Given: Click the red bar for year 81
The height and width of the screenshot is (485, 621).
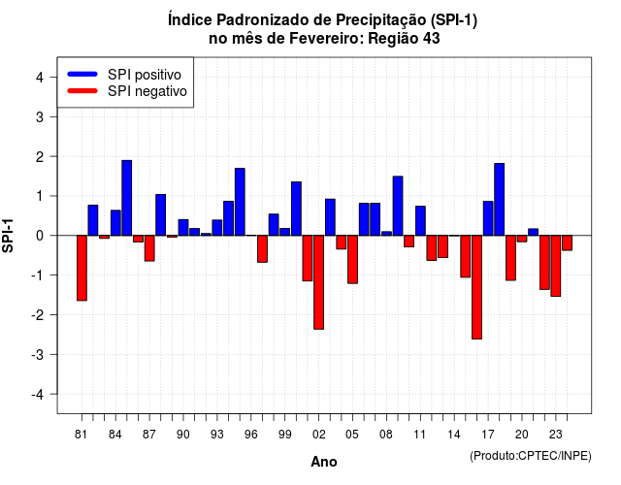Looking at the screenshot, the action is tap(82, 268).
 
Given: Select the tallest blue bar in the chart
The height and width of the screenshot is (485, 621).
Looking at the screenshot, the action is tap(127, 198).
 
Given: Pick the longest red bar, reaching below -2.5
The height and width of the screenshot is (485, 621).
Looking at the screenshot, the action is tap(476, 287).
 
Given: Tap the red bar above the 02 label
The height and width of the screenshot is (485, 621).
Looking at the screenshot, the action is tap(319, 282).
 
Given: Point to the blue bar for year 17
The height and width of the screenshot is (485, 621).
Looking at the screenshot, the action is tap(488, 218).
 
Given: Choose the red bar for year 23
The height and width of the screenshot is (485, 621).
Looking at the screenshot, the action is tap(556, 266).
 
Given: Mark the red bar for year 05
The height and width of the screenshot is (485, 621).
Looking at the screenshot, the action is tap(352, 259).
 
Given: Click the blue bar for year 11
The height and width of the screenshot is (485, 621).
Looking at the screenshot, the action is tap(420, 221).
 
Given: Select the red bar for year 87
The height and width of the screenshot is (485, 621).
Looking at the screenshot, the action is tap(149, 248).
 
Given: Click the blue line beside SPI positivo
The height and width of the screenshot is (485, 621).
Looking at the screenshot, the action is tap(82, 74).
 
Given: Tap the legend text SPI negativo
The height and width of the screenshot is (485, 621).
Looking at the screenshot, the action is tap(147, 91).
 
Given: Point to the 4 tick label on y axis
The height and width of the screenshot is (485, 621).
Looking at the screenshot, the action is tap(40, 78).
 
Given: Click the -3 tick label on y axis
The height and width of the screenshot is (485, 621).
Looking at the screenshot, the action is tap(38, 354).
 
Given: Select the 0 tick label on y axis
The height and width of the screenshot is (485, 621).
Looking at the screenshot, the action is tap(40, 236).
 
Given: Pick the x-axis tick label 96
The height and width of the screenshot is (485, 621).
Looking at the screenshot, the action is tap(251, 435).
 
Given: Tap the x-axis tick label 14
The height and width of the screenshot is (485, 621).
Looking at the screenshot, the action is tap(454, 435).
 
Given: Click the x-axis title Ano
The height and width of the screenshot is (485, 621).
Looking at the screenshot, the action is tap(324, 462).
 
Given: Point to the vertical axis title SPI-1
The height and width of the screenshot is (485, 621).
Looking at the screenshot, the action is tap(8, 236).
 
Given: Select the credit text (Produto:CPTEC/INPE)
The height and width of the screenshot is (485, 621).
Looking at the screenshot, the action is tap(531, 456).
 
